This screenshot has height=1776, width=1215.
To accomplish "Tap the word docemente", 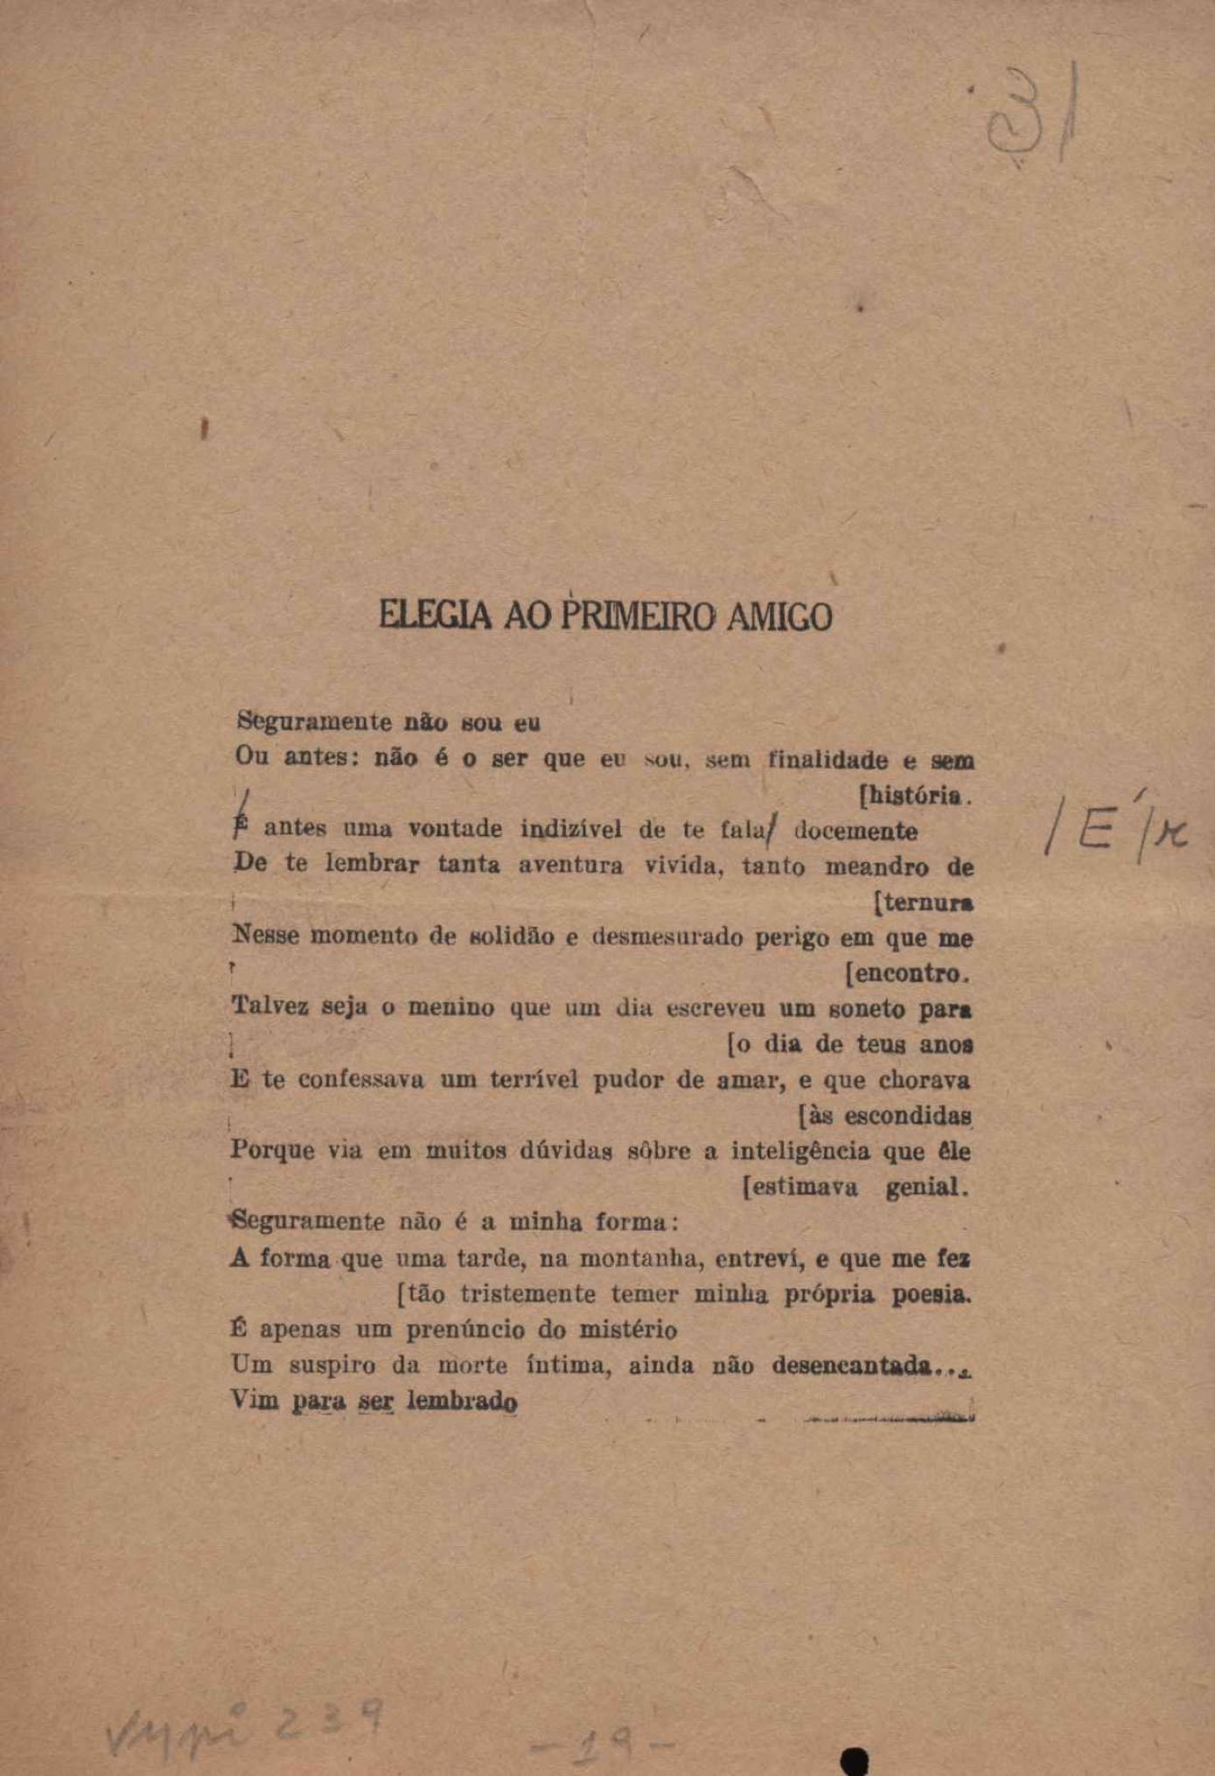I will [855, 831].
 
